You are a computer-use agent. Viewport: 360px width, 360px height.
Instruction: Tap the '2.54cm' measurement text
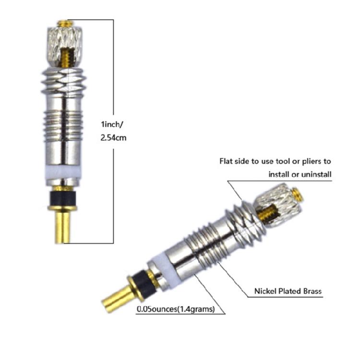coord(114,137)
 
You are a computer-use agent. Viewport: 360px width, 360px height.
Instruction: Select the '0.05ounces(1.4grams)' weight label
coord(175,309)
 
